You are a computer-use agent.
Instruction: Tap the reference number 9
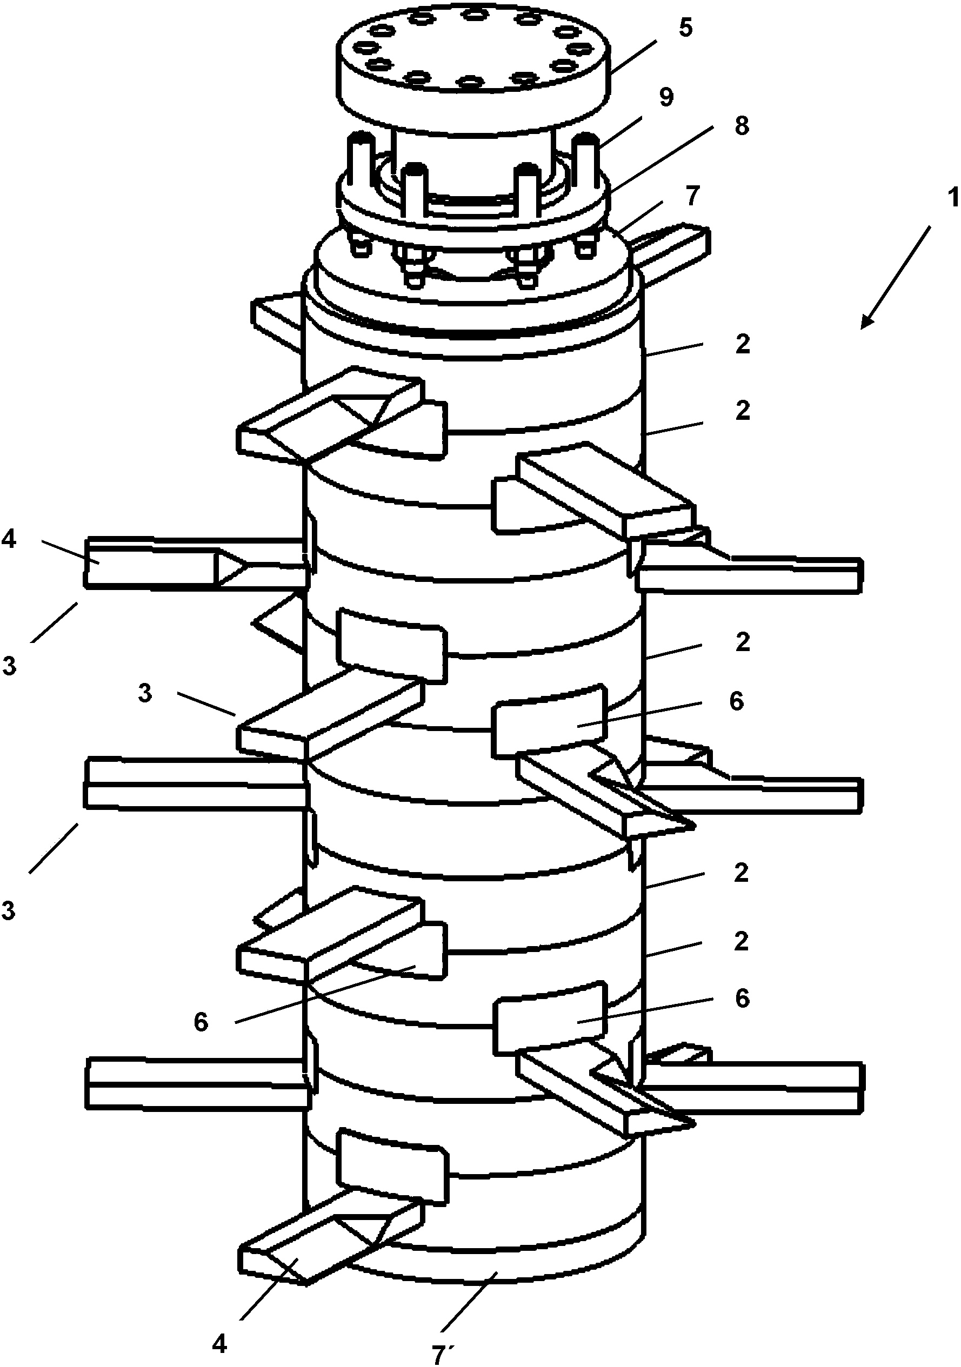click(667, 98)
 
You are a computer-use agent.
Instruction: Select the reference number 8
click(742, 126)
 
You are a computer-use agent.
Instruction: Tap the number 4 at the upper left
click(9, 539)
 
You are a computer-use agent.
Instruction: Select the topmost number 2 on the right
click(743, 345)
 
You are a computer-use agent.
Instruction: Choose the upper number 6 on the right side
click(737, 701)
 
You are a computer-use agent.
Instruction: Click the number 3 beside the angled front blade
click(145, 694)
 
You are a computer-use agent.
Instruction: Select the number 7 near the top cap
click(692, 197)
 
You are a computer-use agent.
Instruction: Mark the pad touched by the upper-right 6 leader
click(549, 721)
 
